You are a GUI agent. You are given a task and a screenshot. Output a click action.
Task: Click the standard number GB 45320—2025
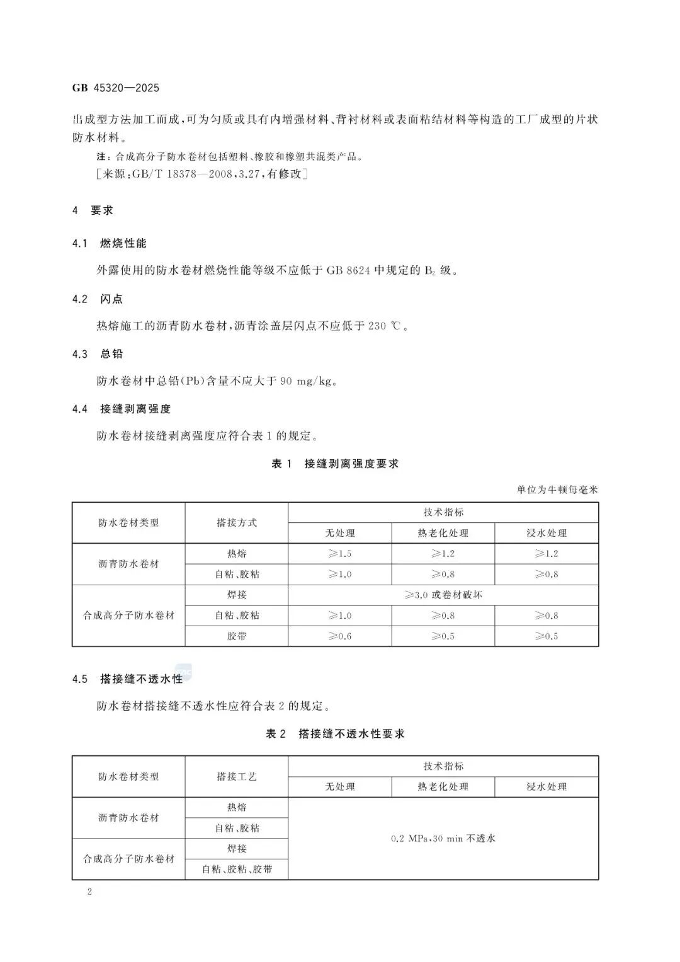point(116,88)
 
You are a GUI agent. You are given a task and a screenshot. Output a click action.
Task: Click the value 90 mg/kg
point(305,381)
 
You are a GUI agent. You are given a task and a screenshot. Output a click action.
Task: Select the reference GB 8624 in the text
point(348,271)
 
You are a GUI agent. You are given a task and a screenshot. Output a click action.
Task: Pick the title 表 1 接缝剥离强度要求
point(335,464)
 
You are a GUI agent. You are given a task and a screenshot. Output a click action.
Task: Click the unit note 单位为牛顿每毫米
point(557,490)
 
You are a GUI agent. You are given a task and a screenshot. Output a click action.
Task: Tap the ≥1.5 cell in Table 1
point(340,554)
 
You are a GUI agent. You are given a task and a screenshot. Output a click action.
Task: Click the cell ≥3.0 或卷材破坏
point(443,595)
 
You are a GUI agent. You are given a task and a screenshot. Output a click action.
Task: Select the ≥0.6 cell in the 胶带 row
point(340,636)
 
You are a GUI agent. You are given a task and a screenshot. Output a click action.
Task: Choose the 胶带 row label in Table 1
point(237,636)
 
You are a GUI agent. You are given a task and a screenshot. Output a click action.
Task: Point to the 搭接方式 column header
point(237,523)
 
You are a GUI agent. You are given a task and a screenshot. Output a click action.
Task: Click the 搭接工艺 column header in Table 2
point(237,777)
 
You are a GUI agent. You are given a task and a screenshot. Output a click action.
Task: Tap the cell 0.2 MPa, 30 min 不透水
point(443,839)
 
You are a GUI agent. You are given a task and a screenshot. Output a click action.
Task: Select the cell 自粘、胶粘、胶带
point(237,869)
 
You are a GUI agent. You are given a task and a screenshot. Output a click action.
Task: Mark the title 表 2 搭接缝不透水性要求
point(335,734)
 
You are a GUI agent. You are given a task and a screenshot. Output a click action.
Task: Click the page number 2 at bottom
point(89,892)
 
